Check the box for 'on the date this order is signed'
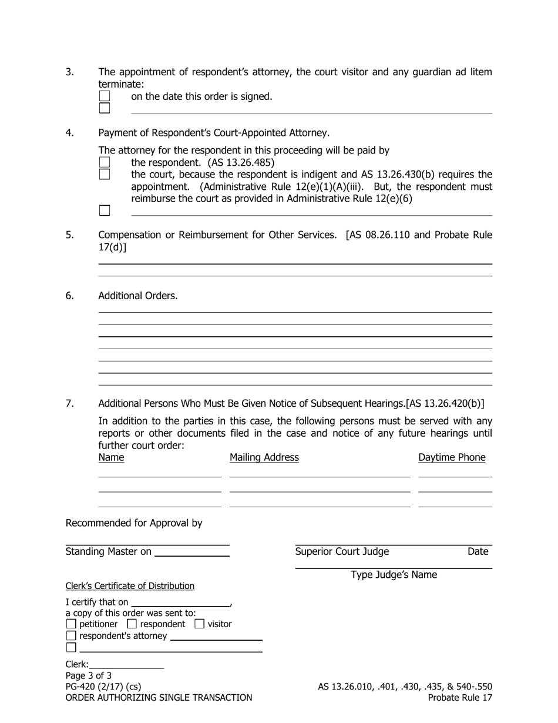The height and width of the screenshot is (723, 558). tap(105, 96)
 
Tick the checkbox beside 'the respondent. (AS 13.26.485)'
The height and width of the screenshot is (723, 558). tap(105, 162)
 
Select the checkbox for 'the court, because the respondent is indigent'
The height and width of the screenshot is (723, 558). tap(105, 174)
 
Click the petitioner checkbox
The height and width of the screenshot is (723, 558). tap(71, 624)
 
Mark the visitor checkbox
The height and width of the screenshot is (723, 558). tap(200, 624)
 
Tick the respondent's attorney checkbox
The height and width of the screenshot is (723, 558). tap(71, 636)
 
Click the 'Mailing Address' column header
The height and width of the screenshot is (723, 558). tap(264, 457)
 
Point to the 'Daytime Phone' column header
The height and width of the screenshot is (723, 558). tap(452, 457)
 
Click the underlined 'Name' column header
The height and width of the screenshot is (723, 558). tap(111, 457)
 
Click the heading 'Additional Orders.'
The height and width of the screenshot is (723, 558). tap(137, 296)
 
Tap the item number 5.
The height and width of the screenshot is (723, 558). tap(69, 235)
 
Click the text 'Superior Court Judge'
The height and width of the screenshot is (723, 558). tap(342, 551)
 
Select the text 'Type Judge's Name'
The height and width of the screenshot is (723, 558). tap(394, 575)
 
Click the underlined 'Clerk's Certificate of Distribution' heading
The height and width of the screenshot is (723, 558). tap(130, 586)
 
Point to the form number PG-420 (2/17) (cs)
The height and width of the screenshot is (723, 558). tap(103, 687)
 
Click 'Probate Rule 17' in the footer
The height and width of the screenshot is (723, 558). tap(460, 698)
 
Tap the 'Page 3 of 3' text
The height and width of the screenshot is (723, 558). tap(89, 675)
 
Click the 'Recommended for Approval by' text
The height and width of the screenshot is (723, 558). tap(134, 523)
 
